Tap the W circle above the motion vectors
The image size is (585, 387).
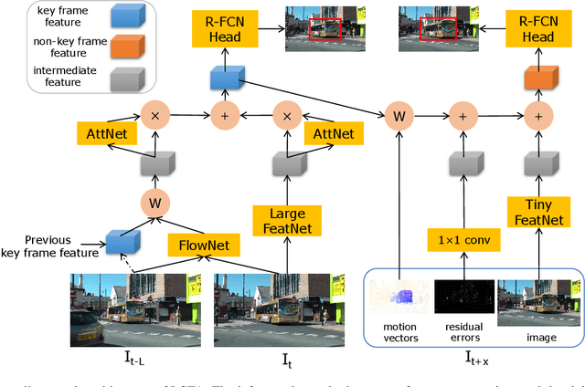[x=399, y=116]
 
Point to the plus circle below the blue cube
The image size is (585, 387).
[x=222, y=116]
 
